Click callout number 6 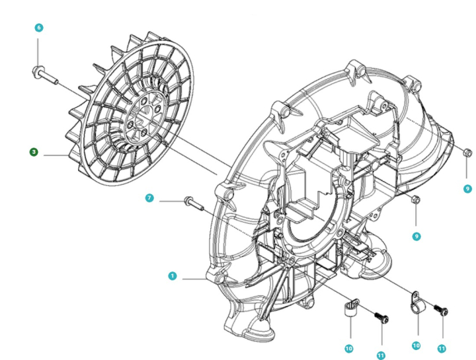[38, 28]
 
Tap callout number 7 [150, 198]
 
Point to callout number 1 [173, 276]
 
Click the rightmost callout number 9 [468, 188]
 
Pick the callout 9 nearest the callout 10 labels [416, 236]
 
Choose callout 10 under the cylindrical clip [348, 347]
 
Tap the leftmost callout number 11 [380, 355]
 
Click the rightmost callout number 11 [442, 347]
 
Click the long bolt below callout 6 [44, 72]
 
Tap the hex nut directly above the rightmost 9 [465, 153]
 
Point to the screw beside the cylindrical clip [381, 318]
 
